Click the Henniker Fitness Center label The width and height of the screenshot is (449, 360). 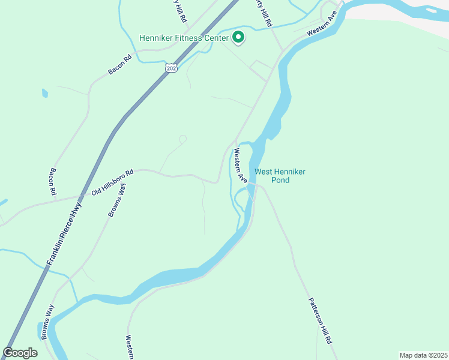[x=184, y=38]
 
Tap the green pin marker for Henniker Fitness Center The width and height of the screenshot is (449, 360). [x=238, y=37]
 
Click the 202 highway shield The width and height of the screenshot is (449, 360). [x=172, y=68]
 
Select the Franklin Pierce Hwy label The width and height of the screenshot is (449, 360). [x=65, y=233]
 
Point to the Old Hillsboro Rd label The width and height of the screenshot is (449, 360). [x=112, y=182]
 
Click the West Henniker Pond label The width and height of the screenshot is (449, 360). [x=280, y=176]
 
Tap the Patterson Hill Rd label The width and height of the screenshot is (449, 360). [x=320, y=321]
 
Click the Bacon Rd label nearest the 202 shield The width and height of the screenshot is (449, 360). [x=119, y=65]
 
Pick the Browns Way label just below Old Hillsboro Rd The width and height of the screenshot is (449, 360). [x=117, y=200]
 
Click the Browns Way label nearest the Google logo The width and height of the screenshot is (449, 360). [x=47, y=322]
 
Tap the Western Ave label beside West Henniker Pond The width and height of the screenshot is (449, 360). [x=240, y=166]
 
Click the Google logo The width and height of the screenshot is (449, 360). [x=20, y=353]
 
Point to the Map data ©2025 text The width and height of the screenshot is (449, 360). [x=423, y=355]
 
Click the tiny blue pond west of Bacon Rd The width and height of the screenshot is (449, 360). [x=44, y=94]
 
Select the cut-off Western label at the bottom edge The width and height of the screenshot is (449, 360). [x=129, y=347]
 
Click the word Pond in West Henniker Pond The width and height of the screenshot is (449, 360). [x=280, y=180]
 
